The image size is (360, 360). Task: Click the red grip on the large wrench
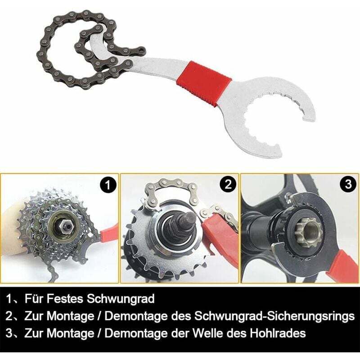point(204,84)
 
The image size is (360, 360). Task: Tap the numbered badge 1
point(108,184)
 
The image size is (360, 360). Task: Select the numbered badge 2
point(228,184)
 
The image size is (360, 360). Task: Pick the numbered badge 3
point(348,184)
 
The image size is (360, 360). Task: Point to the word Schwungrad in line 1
point(121,299)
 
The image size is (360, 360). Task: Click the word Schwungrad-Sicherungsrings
point(274,316)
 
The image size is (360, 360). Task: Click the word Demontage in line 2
point(136,316)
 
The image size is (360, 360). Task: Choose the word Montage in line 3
point(71,333)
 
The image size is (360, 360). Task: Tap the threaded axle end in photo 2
point(186,221)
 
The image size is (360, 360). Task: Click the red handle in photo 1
point(108,234)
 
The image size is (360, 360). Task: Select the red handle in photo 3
point(342,266)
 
